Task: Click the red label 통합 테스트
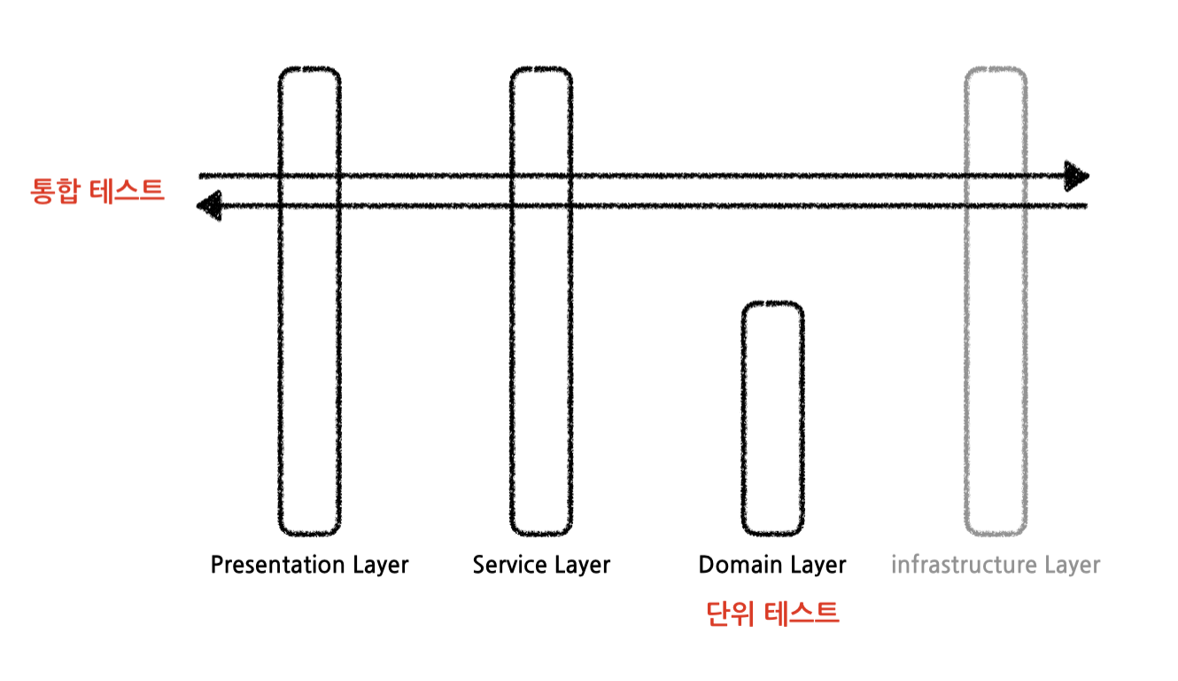click(x=97, y=191)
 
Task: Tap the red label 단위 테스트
click(x=772, y=614)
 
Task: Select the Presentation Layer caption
click(x=309, y=565)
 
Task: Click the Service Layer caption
click(x=541, y=565)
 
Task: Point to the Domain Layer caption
click(x=772, y=565)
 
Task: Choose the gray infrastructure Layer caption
click(x=996, y=565)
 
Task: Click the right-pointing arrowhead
click(x=1077, y=176)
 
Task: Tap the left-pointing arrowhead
click(x=208, y=207)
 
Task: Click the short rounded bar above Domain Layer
click(x=773, y=418)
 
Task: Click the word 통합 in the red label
click(x=56, y=191)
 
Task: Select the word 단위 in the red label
click(x=730, y=614)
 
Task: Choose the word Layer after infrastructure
click(x=1070, y=565)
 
